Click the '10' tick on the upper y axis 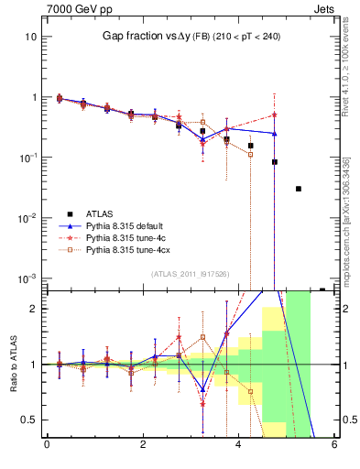[x=30, y=37]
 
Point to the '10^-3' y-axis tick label [x=27, y=278]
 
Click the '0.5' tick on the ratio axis [x=28, y=420]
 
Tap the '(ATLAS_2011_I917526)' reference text [x=190, y=273]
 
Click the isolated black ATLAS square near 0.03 [x=299, y=189]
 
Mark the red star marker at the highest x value [x=274, y=115]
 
